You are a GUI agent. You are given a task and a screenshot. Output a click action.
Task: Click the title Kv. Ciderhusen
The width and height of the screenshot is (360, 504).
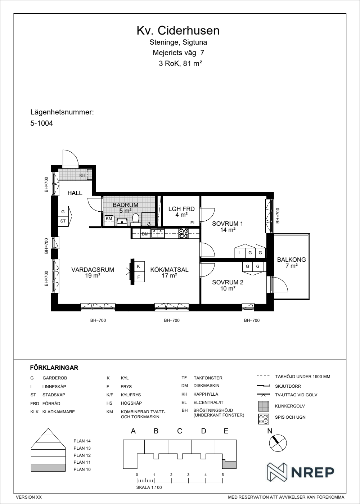pyautogui.click(x=178, y=31)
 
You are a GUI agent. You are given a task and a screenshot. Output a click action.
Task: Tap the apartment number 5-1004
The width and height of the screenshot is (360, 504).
pyautogui.click(x=42, y=123)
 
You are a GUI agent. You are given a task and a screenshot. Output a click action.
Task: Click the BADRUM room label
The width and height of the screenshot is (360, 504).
pyautogui.click(x=125, y=205)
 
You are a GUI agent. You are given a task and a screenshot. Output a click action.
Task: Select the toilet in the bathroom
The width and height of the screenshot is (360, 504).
pyautogui.click(x=135, y=219)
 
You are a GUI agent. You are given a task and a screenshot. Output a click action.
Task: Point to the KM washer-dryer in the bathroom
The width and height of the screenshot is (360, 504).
pyautogui.click(x=109, y=220)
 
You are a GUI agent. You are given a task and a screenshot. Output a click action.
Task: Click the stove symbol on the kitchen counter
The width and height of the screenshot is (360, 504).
pyautogui.click(x=183, y=233)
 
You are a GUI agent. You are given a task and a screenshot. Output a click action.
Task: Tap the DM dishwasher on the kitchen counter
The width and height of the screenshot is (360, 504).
pyautogui.click(x=145, y=234)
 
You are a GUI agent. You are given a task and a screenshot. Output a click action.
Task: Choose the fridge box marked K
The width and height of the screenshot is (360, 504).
pyautogui.click(x=139, y=266)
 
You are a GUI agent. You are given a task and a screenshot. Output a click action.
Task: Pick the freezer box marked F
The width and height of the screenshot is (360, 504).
pyautogui.click(x=139, y=277)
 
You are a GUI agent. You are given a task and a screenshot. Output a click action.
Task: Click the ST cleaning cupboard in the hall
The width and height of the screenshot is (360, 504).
pyautogui.click(x=63, y=221)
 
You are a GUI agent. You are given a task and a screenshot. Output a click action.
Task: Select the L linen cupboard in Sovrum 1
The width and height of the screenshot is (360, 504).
pyautogui.click(x=240, y=253)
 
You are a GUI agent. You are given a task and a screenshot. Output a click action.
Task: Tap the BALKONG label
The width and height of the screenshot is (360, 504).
pyautogui.click(x=291, y=260)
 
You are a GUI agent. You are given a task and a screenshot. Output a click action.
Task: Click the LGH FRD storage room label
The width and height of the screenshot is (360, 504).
pyautogui.click(x=181, y=209)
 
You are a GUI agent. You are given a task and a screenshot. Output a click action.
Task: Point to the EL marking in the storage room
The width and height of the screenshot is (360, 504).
pyautogui.click(x=193, y=223)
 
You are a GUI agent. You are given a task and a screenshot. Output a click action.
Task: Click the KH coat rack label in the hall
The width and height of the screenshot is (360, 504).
pyautogui.click(x=82, y=175)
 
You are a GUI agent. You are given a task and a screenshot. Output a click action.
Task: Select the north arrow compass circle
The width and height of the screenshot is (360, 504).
pyautogui.click(x=278, y=443)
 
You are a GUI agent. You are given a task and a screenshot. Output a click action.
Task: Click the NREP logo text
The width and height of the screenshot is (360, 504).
pyautogui.click(x=313, y=472)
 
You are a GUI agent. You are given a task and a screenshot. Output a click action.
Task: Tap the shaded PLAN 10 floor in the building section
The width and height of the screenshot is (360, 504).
pyautogui.click(x=48, y=467)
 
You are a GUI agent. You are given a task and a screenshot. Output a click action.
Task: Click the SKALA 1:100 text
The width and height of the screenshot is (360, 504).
pyautogui.click(x=149, y=487)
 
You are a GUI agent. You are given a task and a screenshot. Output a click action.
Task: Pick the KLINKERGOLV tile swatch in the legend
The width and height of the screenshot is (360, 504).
pyautogui.click(x=264, y=406)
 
